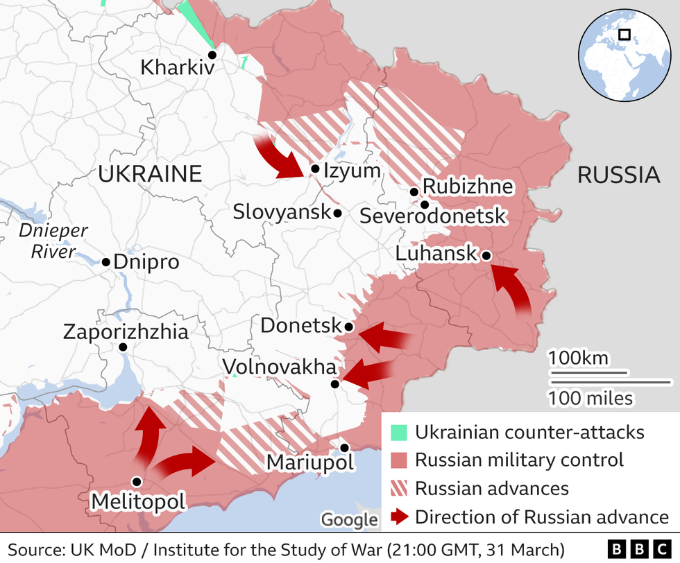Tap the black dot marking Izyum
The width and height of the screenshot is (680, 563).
(x=315, y=168)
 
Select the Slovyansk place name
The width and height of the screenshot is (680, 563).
(x=281, y=212)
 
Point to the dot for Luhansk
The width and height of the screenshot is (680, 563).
(x=486, y=256)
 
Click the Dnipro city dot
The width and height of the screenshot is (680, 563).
(x=106, y=262)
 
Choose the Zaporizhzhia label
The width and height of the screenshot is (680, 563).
(x=126, y=331)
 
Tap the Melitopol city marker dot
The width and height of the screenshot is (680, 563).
(x=137, y=481)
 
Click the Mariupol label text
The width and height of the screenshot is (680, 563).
(x=309, y=462)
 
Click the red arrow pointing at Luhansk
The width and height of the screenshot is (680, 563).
(x=512, y=287)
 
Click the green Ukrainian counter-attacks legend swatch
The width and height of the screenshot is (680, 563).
(x=398, y=433)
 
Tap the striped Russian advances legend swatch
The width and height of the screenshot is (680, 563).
(x=398, y=488)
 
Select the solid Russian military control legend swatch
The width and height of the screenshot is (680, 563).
(x=398, y=460)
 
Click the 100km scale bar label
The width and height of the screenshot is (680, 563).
(x=578, y=358)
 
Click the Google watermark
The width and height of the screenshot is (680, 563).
(x=350, y=519)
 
